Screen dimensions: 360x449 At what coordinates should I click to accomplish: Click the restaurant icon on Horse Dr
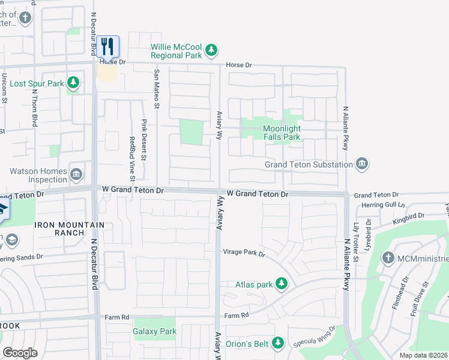[107, 46]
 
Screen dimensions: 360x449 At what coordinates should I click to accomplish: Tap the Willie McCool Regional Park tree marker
[211, 51]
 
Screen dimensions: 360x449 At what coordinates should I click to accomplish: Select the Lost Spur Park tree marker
[73, 83]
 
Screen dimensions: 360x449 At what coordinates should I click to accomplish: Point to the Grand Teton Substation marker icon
[361, 164]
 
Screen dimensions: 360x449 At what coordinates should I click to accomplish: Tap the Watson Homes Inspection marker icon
[76, 175]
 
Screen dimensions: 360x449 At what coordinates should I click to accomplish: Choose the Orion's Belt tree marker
[277, 343]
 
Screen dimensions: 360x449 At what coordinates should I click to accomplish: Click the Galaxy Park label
[155, 331]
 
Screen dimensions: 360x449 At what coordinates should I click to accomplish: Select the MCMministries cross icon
[388, 259]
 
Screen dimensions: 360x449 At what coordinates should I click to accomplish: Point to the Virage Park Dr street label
[244, 254]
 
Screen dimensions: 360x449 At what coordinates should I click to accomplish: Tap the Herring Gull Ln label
[385, 205]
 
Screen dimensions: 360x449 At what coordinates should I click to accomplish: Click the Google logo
[20, 353]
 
